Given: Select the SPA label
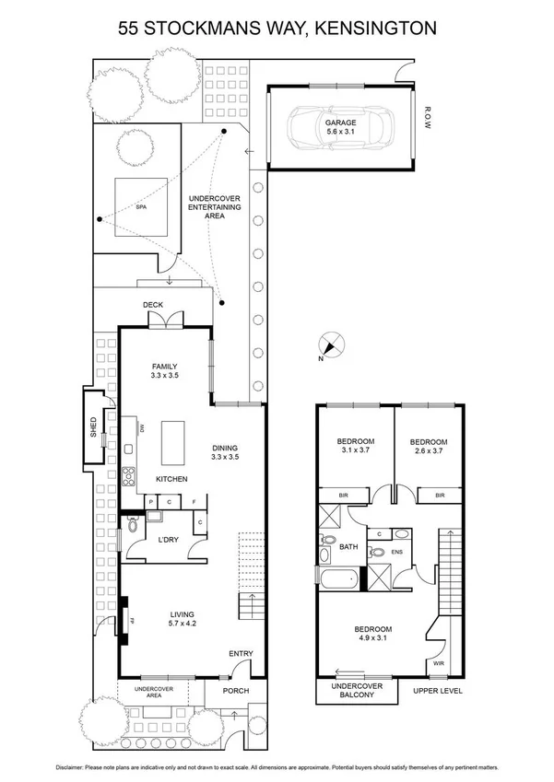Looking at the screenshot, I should (140, 207).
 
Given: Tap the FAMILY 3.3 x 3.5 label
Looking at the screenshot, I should (164, 370).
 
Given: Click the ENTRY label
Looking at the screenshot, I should (241, 654).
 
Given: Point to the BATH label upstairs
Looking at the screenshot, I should (348, 547).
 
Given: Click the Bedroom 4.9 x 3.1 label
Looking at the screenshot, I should (373, 635).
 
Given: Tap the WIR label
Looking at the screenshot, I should (438, 663).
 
